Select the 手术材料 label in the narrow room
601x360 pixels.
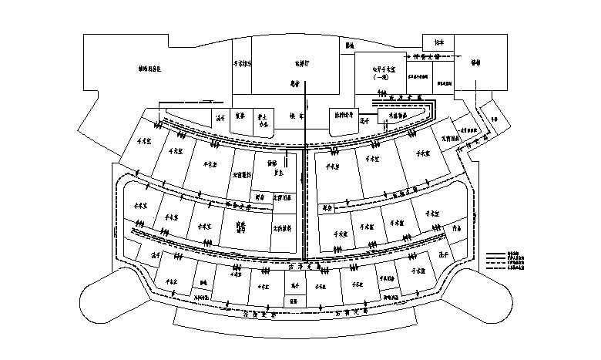pyautogui.click(x=241, y=65)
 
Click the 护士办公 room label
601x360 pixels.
pyautogui.click(x=263, y=119)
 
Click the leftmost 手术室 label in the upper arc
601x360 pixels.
pyautogui.click(x=144, y=142)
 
